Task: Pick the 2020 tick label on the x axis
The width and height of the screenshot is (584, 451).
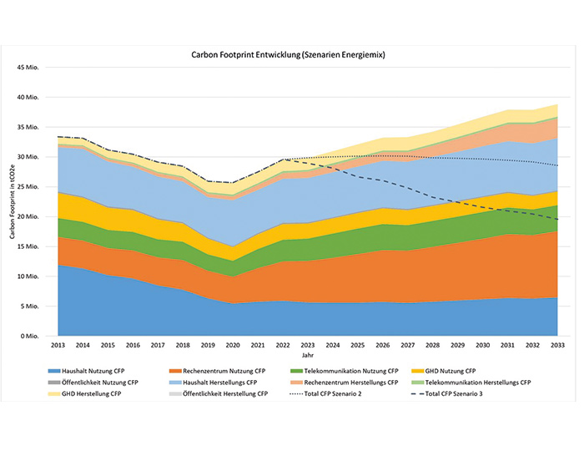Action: click(234, 345)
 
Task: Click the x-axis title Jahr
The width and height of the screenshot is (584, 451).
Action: click(308, 354)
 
